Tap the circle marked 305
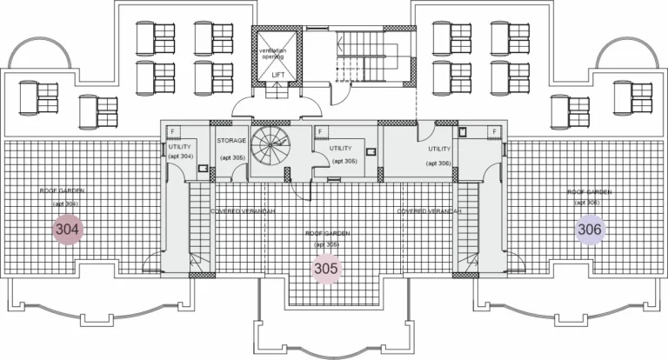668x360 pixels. [x=325, y=269]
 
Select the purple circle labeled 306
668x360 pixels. [x=591, y=230]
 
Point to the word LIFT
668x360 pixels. [x=278, y=76]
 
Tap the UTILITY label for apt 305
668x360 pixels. [x=341, y=149]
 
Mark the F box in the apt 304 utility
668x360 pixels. [x=171, y=132]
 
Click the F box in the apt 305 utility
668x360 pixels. [x=320, y=132]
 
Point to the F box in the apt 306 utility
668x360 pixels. [x=494, y=132]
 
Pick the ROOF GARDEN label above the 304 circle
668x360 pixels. [x=62, y=190]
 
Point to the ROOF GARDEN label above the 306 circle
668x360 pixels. [x=589, y=191]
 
